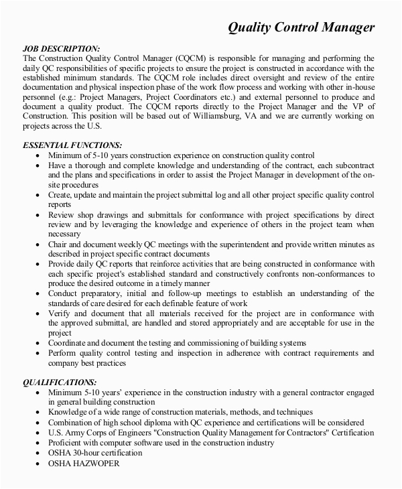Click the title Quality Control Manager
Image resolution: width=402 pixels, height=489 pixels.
301,27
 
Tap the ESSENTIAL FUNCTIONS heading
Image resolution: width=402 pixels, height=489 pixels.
72,145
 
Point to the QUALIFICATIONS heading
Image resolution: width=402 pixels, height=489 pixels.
64,382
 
